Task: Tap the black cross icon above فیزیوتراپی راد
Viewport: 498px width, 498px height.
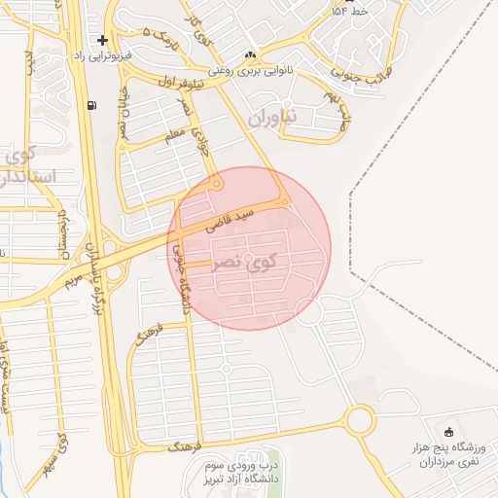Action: point(102,40)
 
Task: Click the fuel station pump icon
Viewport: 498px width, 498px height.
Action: point(91,105)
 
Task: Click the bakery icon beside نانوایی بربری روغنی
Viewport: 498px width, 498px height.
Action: point(251,54)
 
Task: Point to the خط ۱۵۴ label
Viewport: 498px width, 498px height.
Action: point(351,11)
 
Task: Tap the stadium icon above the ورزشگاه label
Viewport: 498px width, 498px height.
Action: point(447,432)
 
